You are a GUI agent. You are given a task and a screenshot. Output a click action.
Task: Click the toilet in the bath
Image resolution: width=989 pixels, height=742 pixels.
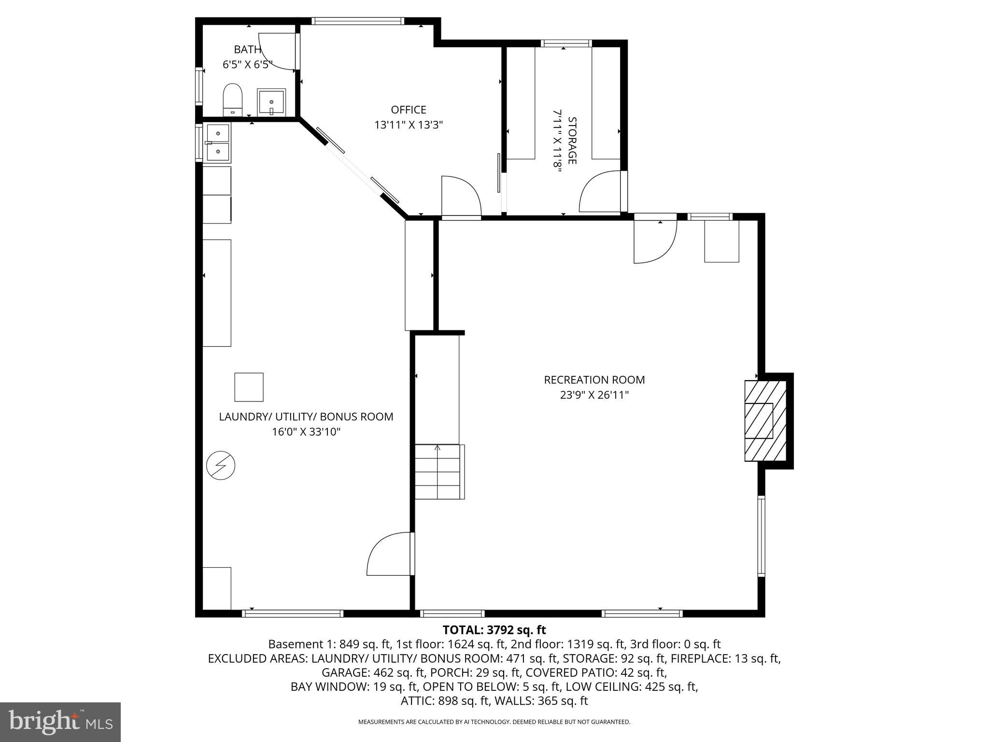(233, 99)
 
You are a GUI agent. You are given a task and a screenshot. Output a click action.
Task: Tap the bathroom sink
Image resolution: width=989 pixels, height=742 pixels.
(271, 102)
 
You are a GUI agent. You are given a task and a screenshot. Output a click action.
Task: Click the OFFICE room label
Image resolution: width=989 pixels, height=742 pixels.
(409, 110)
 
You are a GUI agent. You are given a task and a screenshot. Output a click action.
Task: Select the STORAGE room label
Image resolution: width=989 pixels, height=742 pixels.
(572, 140)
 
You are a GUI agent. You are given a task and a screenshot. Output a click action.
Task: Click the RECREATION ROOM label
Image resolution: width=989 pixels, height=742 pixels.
(594, 380)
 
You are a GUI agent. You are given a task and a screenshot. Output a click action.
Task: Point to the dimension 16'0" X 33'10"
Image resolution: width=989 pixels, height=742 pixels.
(306, 432)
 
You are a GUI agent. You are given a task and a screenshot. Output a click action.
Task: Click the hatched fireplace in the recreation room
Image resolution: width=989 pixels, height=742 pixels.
(765, 420)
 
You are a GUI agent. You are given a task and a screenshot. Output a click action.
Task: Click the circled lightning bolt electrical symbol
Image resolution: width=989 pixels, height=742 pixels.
(221, 466)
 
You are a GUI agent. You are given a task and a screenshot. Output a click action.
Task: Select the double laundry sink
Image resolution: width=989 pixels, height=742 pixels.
(218, 142)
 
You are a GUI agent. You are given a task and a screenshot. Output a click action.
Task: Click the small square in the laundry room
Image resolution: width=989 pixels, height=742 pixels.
(249, 387)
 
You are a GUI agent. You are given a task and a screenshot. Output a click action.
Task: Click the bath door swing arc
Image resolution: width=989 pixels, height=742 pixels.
(278, 51)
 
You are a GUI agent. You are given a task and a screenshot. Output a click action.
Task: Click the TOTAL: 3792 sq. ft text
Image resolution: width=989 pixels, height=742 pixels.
(494, 630)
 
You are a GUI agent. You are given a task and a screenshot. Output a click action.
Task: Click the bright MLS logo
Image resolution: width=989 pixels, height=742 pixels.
(60, 722)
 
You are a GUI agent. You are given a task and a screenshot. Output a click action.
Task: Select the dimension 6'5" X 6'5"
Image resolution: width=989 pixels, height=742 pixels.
(247, 65)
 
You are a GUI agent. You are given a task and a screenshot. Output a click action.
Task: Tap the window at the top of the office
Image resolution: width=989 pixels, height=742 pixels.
(357, 21)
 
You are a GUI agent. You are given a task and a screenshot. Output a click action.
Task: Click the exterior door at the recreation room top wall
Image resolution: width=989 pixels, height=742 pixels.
(655, 240)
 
